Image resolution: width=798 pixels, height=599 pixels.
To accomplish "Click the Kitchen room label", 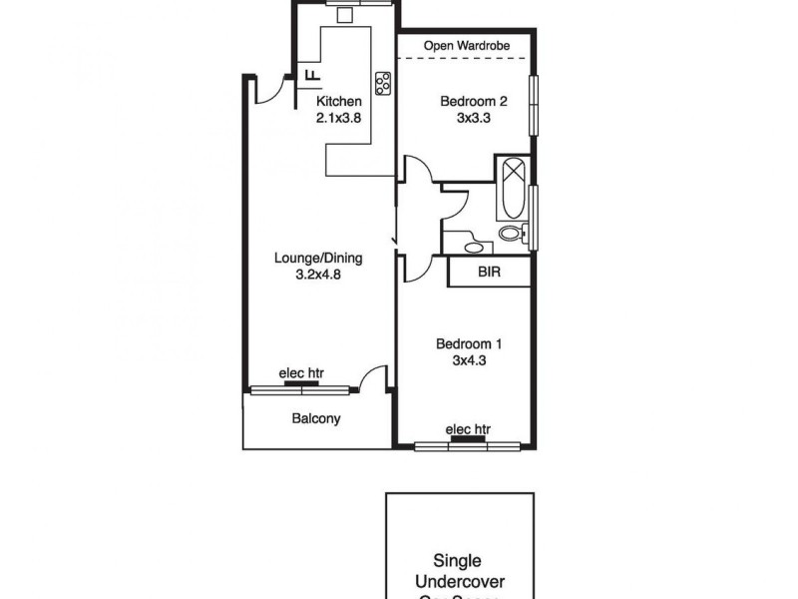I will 338,102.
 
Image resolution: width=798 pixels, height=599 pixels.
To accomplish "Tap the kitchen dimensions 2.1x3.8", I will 338,117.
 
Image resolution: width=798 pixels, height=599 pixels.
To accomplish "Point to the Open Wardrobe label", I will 466,46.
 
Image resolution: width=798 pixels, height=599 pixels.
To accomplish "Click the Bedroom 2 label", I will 475,101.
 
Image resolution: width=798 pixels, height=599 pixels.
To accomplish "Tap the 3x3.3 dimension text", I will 475,117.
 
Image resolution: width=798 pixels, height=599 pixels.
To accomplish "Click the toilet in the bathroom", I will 511,235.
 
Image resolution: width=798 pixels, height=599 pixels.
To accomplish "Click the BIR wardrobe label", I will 489,272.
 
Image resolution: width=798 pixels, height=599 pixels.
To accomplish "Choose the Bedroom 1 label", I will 468,344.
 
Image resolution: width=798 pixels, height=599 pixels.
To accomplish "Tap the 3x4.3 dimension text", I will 468,361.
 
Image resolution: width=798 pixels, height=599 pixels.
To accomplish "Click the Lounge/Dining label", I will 317,259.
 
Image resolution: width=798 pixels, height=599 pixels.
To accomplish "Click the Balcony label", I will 316,419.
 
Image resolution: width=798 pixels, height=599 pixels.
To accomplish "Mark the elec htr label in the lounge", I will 301,373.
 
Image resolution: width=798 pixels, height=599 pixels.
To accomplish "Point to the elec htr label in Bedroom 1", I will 469,429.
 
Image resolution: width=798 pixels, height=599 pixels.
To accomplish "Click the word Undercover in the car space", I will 464,580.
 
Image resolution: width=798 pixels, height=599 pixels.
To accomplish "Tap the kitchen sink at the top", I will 346,14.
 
